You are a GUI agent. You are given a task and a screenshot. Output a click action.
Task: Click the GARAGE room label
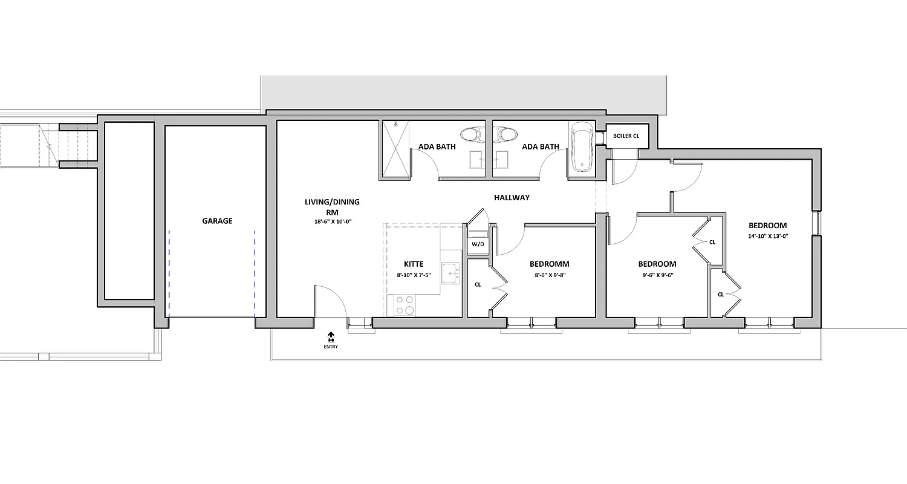pyautogui.click(x=217, y=221)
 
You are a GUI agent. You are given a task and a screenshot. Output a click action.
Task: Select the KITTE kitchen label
pyautogui.click(x=414, y=264)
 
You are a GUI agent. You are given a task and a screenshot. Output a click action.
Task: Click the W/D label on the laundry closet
pyautogui.click(x=478, y=244)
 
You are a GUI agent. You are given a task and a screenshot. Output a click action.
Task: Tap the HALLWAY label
pyautogui.click(x=512, y=198)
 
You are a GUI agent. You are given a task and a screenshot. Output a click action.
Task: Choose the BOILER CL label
pyautogui.click(x=626, y=136)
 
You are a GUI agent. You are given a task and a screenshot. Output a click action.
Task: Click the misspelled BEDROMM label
pyautogui.click(x=549, y=264)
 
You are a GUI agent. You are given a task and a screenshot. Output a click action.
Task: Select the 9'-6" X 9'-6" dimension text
pyautogui.click(x=657, y=275)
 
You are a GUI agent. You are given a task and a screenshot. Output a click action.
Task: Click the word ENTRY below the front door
pyautogui.click(x=331, y=347)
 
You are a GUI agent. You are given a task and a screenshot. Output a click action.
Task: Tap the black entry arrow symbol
pyautogui.click(x=331, y=336)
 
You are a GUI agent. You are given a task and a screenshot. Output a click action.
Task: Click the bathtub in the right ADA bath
pyautogui.click(x=581, y=148)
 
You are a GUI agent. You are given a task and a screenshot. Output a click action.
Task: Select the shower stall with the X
pyautogui.click(x=395, y=150)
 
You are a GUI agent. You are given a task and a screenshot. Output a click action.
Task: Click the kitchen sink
pyautogui.click(x=449, y=274)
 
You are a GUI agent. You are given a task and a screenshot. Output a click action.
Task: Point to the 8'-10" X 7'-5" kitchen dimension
pyautogui.click(x=414, y=275)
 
